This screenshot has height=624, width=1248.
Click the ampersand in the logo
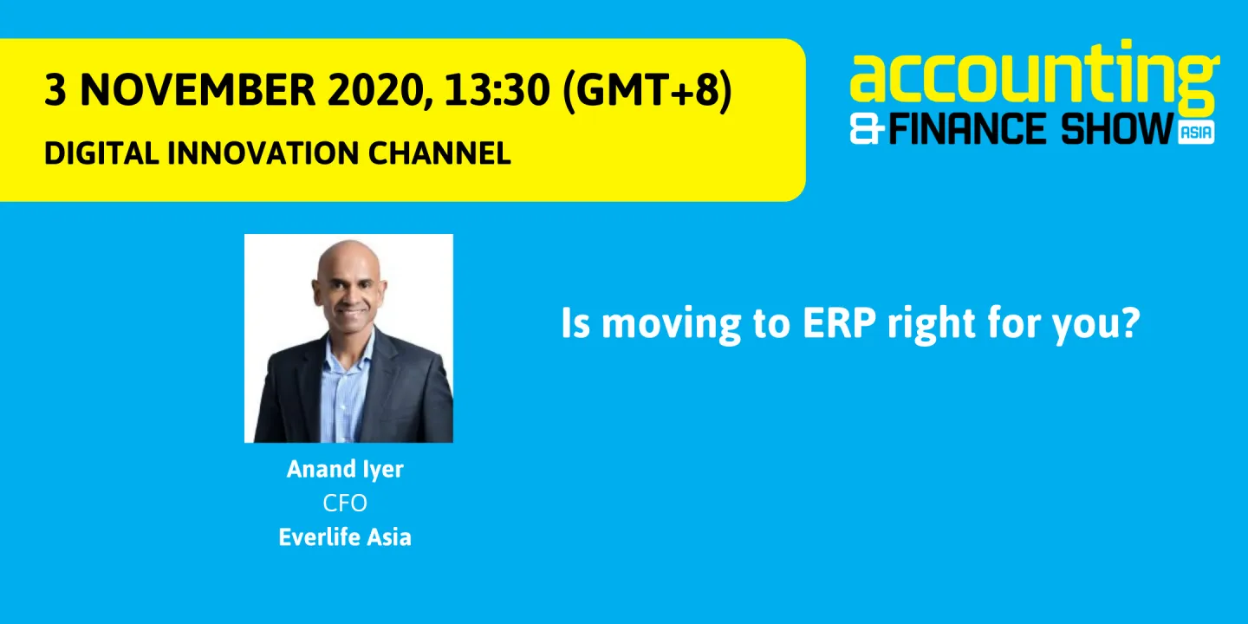868,130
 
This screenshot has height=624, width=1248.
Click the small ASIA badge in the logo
1196,133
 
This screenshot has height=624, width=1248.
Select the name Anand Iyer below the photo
345,470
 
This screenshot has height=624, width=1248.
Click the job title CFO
345,504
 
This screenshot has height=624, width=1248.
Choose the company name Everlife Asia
345,537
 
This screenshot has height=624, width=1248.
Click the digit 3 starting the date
55,90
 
